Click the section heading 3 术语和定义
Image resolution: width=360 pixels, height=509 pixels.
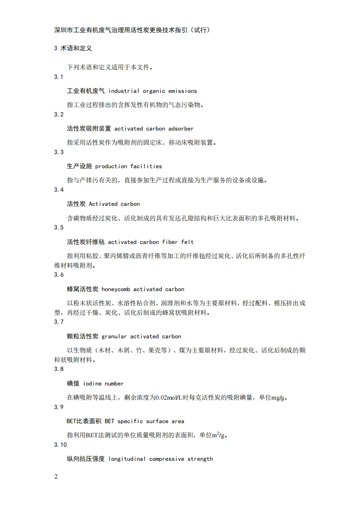click(x=73, y=48)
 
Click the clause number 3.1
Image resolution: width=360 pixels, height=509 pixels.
click(x=59, y=77)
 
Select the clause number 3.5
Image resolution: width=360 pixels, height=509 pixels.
click(x=59, y=227)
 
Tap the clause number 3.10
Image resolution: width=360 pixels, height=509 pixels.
click(x=60, y=445)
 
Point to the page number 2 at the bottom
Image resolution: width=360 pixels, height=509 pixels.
click(x=56, y=477)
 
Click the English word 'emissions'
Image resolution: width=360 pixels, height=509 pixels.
click(x=182, y=91)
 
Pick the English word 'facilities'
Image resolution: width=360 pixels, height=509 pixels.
click(x=146, y=166)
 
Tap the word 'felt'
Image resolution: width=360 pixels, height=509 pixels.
click(x=187, y=242)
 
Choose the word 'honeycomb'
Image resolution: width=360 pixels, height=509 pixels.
click(x=116, y=289)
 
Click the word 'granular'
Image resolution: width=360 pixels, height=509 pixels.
click(x=114, y=337)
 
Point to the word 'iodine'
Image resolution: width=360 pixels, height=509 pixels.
click(x=92, y=384)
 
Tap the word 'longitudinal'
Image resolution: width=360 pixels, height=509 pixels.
click(x=127, y=459)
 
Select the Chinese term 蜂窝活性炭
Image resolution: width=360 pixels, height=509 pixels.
click(x=83, y=289)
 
